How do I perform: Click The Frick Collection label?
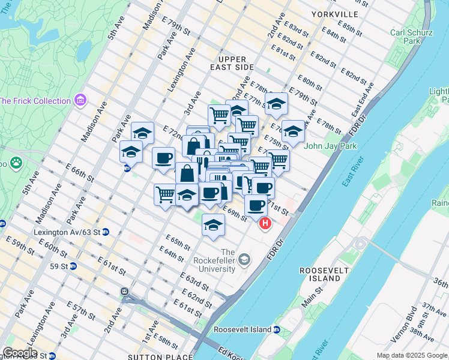click(35, 101)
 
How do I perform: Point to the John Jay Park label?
click(330, 146)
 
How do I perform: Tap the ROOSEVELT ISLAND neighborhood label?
click(325, 275)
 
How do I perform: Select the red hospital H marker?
click(265, 224)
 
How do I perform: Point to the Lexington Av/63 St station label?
click(67, 232)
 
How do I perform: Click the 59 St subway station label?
click(59, 266)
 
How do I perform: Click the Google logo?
click(19, 353)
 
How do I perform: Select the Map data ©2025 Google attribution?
click(411, 355)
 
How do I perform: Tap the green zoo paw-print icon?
click(16, 162)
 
